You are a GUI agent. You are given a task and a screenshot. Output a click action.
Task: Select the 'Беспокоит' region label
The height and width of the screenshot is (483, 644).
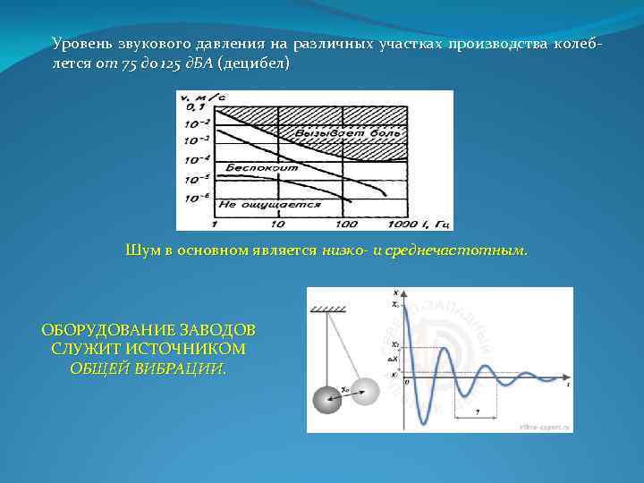click(243, 167)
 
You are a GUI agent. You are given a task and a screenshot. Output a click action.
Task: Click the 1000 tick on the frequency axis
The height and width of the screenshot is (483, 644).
click(403, 223)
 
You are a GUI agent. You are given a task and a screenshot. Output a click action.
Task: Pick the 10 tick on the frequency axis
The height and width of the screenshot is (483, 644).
click(279, 223)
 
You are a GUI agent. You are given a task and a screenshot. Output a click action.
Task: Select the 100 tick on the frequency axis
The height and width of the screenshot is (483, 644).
click(343, 223)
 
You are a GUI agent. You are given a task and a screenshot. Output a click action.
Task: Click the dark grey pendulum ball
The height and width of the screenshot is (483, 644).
click(326, 398)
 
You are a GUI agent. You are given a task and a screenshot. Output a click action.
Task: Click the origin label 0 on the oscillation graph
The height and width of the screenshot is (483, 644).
click(408, 381)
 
